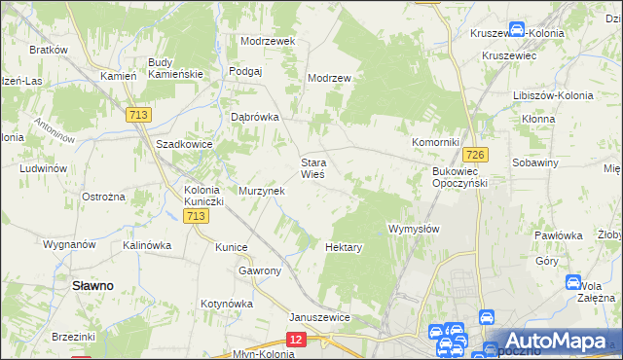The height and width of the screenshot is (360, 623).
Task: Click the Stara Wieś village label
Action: coord(312,168)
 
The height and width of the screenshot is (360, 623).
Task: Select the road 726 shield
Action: coord(475,155)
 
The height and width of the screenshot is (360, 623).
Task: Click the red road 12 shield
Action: coord(297,338)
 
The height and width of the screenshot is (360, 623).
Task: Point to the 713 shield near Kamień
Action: coord(137,115)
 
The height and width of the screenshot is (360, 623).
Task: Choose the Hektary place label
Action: coord(344,247)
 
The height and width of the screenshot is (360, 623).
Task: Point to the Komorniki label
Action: coord(434,142)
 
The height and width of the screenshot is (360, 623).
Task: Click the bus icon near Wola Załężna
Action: coord(574,282)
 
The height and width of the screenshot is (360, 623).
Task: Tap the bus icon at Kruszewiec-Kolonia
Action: coord(518,31)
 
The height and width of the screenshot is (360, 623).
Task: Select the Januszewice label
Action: coord(319,317)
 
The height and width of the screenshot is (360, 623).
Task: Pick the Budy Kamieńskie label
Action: coord(174,68)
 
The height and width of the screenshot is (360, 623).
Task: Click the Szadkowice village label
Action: coord(184,143)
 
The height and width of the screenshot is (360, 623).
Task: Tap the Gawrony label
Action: coord(260,270)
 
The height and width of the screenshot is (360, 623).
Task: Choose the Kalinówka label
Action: coord(147,245)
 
